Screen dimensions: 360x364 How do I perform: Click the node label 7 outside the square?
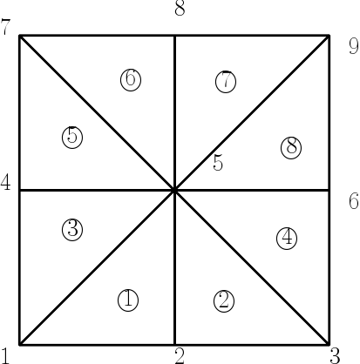coord(5,27)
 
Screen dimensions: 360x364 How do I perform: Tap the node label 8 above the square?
coord(180,8)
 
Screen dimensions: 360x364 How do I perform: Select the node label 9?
coord(354,46)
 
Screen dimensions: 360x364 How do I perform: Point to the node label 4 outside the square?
coord(5,183)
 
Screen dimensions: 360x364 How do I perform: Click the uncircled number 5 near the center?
coord(218,163)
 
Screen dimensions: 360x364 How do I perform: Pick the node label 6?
coord(354,201)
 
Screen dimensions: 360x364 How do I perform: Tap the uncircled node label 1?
coord(5,356)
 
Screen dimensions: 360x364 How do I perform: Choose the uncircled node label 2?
coord(180,356)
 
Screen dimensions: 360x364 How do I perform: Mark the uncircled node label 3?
coord(335,356)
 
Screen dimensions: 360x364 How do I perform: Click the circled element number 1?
coord(128,300)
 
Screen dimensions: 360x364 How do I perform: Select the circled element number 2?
coord(224,301)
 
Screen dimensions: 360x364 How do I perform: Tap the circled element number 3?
coord(72,230)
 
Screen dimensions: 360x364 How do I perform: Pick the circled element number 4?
coord(287,239)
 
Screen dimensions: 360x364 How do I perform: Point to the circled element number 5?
coord(72,138)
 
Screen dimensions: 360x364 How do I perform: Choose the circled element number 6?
coord(131,80)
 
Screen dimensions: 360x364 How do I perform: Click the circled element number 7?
coord(226,82)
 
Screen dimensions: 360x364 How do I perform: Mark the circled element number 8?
coord(291,148)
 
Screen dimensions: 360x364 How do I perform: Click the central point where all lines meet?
coord(174,191)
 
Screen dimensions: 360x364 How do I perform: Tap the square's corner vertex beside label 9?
coord(329,36)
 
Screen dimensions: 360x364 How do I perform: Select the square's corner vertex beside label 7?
coord(19,36)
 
